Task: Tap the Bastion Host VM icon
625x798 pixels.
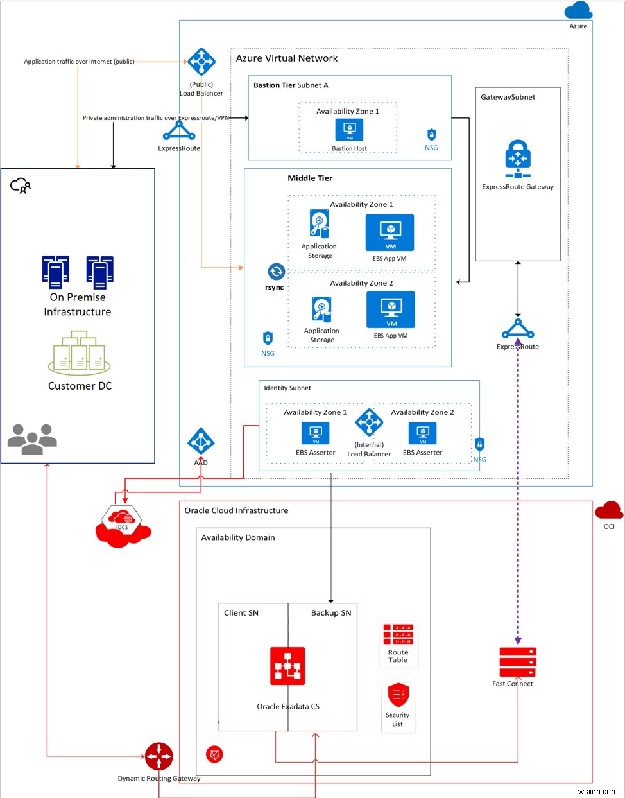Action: point(350,130)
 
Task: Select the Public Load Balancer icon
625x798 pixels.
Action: point(201,63)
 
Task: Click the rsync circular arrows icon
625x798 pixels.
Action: point(276,272)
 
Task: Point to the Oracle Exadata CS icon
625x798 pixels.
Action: point(287,666)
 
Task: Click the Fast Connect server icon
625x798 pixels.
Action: point(517,662)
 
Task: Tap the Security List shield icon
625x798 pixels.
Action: point(398,695)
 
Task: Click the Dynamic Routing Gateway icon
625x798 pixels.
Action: point(158,757)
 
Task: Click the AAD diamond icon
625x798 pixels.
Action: point(201,442)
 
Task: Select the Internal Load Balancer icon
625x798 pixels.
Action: point(369,423)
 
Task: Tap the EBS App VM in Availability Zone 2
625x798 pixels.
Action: point(391,309)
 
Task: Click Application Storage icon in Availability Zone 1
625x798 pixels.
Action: point(319,224)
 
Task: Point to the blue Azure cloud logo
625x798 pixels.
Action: point(578,11)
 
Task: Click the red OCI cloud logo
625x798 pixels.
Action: point(608,511)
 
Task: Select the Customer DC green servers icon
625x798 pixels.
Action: point(79,354)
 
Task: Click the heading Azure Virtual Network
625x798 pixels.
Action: point(287,58)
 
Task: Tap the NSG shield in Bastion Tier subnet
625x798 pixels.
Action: point(431,135)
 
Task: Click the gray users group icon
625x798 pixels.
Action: point(32,438)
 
